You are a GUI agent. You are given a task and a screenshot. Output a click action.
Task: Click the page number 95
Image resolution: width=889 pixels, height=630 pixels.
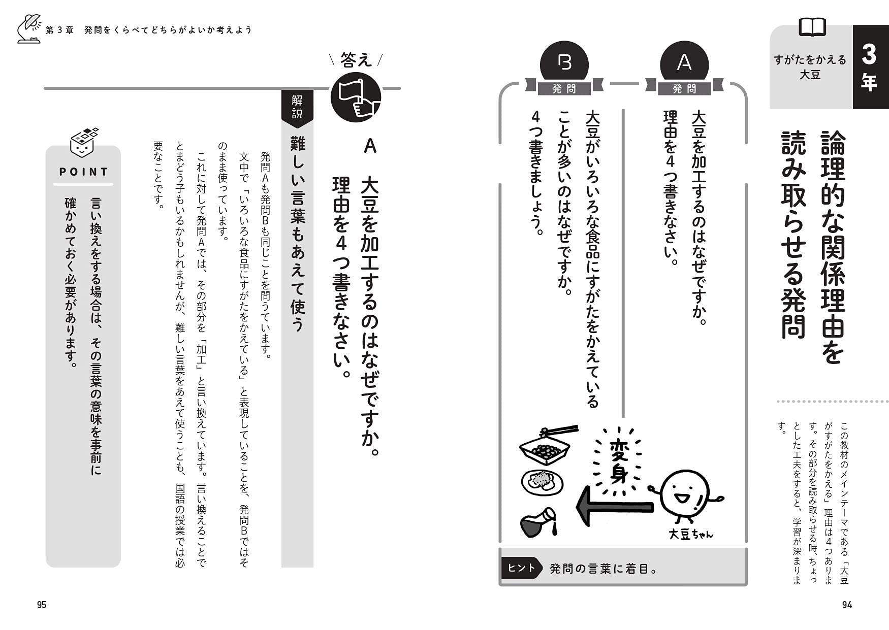42,605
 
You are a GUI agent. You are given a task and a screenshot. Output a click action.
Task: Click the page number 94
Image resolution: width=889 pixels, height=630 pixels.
846,605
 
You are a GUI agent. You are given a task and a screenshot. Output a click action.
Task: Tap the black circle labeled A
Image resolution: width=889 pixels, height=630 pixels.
684,63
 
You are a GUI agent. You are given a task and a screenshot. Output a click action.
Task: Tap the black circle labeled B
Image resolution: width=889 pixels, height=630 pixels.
564,63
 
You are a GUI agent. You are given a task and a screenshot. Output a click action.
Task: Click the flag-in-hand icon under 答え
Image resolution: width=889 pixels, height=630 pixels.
356,97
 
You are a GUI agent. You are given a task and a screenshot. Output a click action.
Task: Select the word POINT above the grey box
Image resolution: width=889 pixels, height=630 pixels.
84,172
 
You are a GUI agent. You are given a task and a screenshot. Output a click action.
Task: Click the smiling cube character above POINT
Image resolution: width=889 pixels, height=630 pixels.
84,143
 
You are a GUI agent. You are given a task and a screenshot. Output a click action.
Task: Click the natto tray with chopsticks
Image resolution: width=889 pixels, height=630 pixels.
547,446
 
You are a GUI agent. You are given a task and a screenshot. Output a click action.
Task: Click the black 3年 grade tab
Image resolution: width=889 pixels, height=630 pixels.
870,67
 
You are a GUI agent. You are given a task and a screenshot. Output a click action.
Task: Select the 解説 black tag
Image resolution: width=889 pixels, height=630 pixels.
297,107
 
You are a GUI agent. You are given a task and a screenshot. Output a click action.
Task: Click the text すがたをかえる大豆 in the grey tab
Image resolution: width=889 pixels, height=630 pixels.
810,67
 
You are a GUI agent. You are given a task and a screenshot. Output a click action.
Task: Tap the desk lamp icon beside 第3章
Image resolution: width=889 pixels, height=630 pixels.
28,29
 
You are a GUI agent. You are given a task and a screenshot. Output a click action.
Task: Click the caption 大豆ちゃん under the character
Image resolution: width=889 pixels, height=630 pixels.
690,535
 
